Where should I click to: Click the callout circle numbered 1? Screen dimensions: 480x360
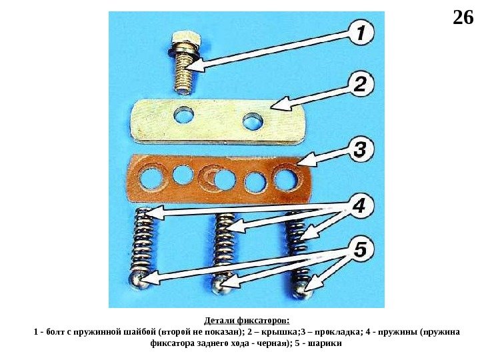point(361,33)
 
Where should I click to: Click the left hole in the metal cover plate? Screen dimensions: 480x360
point(184,115)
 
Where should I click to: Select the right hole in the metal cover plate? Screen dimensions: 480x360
point(253,121)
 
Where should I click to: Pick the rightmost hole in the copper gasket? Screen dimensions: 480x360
point(285,177)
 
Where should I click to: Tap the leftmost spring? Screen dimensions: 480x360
point(143,238)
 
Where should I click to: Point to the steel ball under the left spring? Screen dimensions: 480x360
point(139,279)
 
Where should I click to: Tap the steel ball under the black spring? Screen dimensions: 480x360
point(303,289)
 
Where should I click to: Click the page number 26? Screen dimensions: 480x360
point(463,17)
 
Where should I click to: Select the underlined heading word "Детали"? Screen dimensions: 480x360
point(219,321)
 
